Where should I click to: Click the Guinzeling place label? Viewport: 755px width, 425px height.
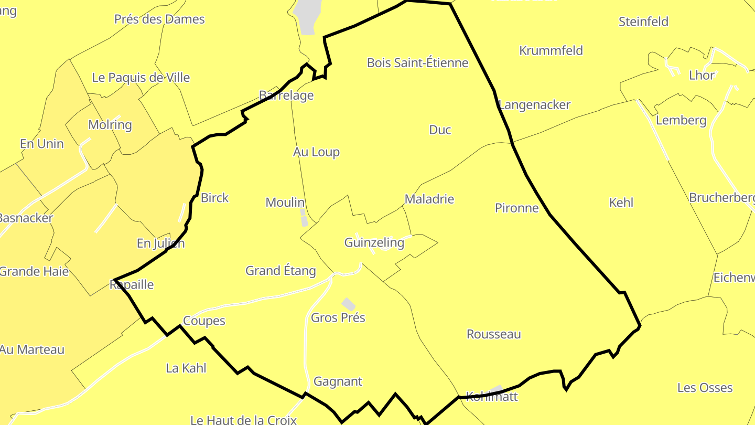[x=374, y=242]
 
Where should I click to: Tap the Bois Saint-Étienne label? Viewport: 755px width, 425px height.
[x=417, y=63]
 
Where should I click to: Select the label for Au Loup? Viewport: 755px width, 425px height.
[x=316, y=152]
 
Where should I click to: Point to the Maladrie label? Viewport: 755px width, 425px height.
[x=429, y=199]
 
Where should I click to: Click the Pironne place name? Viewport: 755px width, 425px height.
[x=516, y=208]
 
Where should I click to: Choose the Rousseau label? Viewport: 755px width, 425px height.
[x=493, y=334]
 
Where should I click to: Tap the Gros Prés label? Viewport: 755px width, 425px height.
[x=338, y=317]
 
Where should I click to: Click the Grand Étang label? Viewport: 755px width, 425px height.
[x=281, y=271]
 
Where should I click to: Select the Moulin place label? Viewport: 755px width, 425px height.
[x=285, y=203]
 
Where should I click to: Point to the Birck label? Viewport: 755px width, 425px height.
[x=214, y=198]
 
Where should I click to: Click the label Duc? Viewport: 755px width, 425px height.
[x=440, y=130]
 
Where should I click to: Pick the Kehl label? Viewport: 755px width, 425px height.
[x=621, y=203]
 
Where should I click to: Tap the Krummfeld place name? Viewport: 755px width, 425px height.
[x=551, y=51]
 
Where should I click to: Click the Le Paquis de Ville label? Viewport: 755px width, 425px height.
[x=141, y=78]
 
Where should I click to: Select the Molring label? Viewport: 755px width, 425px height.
[x=110, y=125]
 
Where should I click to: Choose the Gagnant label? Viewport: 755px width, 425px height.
[x=338, y=381]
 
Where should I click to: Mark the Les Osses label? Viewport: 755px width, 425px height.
[x=705, y=388]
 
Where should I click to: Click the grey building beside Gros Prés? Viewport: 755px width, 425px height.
[x=349, y=304]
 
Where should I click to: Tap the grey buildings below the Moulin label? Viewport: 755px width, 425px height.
[x=304, y=218]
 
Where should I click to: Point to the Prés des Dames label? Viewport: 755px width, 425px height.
[x=159, y=19]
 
